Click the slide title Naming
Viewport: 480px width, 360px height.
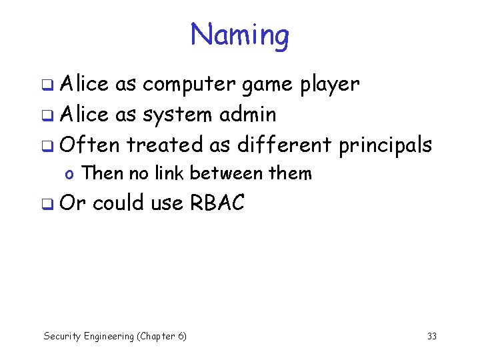[x=240, y=34]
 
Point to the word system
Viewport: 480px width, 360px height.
[x=175, y=115]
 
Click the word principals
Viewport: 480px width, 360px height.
[x=385, y=145]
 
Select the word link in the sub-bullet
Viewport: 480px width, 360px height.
[x=171, y=173]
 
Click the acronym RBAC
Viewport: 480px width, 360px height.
[x=217, y=203]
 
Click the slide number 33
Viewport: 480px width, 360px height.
[x=431, y=336]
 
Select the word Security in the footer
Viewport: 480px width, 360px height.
[x=61, y=337]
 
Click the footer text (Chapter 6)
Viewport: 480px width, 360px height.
[x=161, y=337]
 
